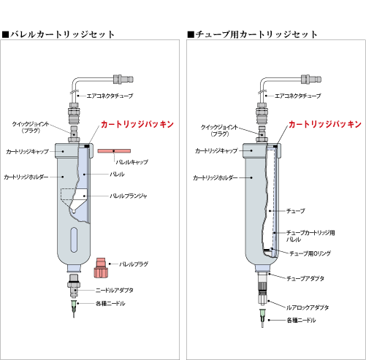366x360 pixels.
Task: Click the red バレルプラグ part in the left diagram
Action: point(101,267)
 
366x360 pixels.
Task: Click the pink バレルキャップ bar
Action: point(114,151)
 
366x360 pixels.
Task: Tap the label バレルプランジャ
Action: point(129,196)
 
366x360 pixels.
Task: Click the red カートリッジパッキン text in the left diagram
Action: point(137,124)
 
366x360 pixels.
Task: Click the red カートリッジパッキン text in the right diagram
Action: point(325,124)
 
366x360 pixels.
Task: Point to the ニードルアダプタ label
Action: point(115,290)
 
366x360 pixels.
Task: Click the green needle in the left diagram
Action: point(74,309)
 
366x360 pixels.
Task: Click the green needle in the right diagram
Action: point(262,318)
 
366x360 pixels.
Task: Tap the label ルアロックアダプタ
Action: point(308,307)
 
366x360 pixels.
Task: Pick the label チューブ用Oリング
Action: point(310,253)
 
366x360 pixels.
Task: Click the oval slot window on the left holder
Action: point(74,240)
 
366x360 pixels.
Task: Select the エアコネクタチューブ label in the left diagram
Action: point(110,96)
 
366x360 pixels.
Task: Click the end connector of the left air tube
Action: point(123,80)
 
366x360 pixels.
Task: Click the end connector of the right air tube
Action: point(311,80)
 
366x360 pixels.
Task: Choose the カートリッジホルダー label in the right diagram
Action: point(216,178)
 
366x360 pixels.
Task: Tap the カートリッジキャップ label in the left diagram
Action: point(27,152)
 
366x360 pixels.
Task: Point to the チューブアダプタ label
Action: point(305,278)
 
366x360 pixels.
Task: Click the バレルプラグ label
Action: point(134,264)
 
